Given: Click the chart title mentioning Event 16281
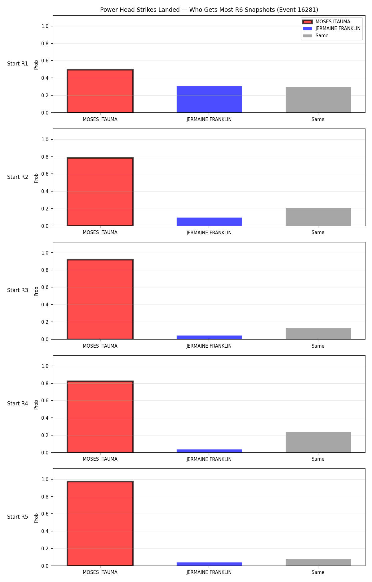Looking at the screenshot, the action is coord(209,10).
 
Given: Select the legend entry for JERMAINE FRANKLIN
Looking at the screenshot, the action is coord(332,29).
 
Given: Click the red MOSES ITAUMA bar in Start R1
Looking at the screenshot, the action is coord(100,91).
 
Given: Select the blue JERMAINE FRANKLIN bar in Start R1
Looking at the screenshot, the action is coord(209,99).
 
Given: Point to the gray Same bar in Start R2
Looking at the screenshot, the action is coord(318,217).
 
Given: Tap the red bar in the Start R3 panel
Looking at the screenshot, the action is coord(100,299).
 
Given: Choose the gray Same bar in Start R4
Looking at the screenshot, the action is coord(318,442).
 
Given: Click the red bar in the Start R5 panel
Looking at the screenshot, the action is coord(100,524).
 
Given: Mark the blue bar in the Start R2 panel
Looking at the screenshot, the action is coord(209,222).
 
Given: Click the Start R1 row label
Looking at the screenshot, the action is coord(18,64).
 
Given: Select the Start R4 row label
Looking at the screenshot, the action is coord(18,404).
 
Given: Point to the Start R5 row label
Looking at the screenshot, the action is coord(18,517).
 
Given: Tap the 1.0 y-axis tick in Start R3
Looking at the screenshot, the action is coord(45,253).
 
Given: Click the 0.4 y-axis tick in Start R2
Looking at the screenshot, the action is coord(45,191).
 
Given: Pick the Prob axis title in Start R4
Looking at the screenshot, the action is coord(36,404).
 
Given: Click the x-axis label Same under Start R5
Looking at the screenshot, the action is coord(318,572).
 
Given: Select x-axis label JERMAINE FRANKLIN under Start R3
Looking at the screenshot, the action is coord(209,346).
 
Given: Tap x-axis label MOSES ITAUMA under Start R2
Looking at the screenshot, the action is coord(100,232).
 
